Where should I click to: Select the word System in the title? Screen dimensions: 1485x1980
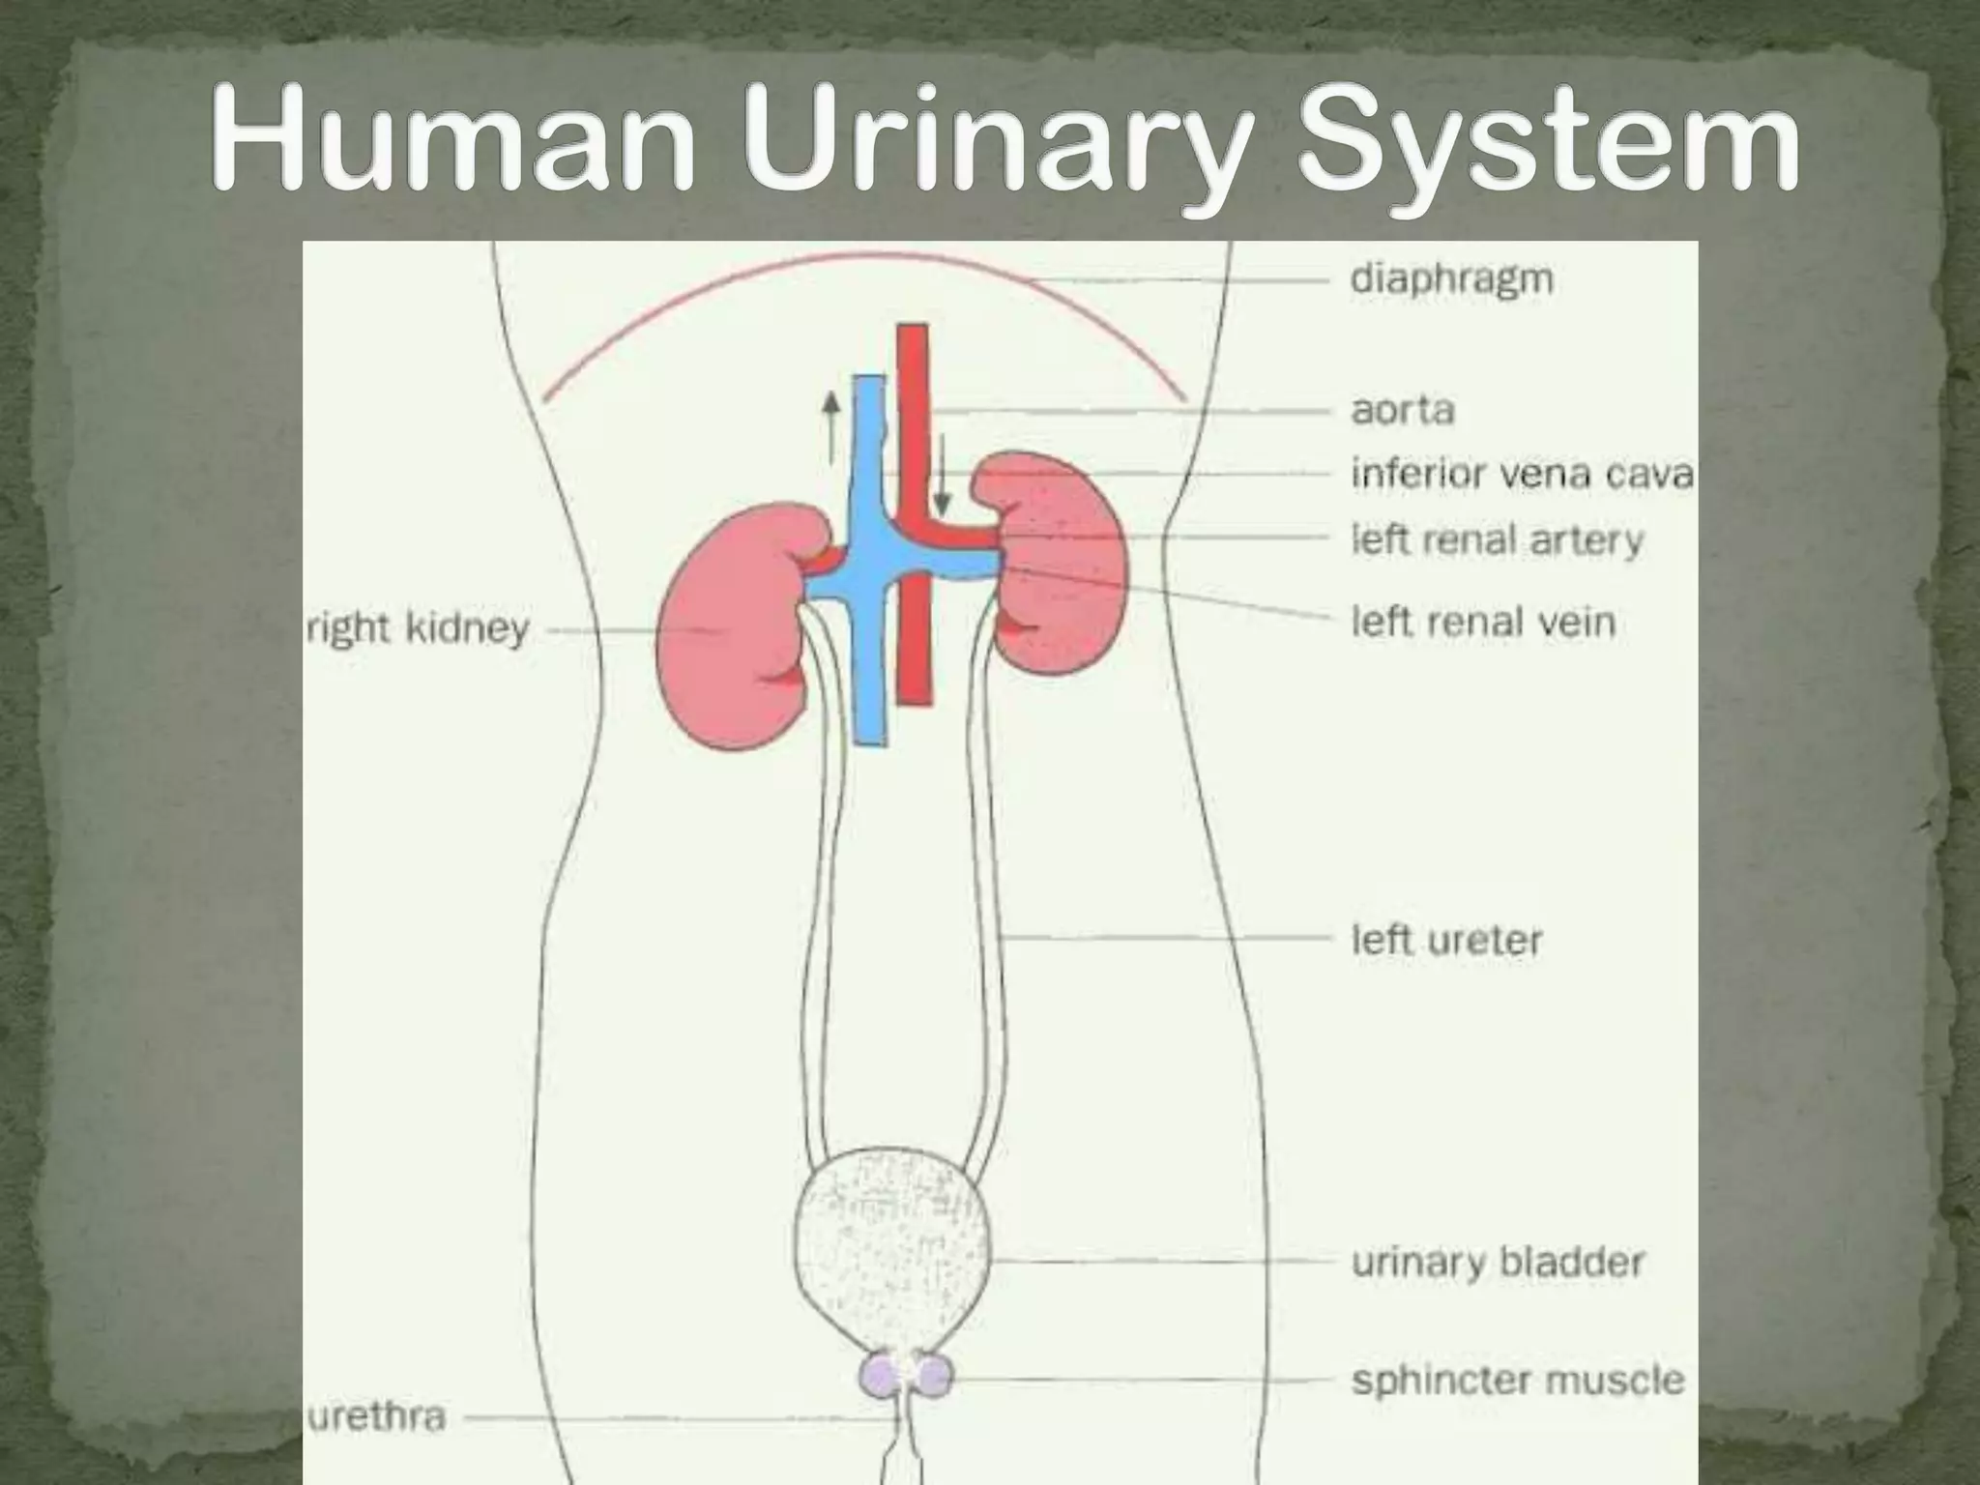pos(1547,145)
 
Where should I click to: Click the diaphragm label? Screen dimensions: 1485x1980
pos(1451,280)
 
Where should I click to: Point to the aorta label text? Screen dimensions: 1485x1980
pos(1402,411)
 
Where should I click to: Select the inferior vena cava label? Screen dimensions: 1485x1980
pos(1522,474)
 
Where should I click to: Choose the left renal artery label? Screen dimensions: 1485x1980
pos(1497,539)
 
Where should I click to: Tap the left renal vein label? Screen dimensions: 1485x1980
pos(1483,621)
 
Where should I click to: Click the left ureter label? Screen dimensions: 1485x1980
pos(1446,939)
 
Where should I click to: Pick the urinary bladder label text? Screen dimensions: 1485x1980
pos(1498,1262)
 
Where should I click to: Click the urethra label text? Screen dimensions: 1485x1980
pos(376,1417)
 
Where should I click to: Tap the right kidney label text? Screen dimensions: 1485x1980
pos(418,629)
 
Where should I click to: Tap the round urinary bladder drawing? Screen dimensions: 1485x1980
pos(891,1247)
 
